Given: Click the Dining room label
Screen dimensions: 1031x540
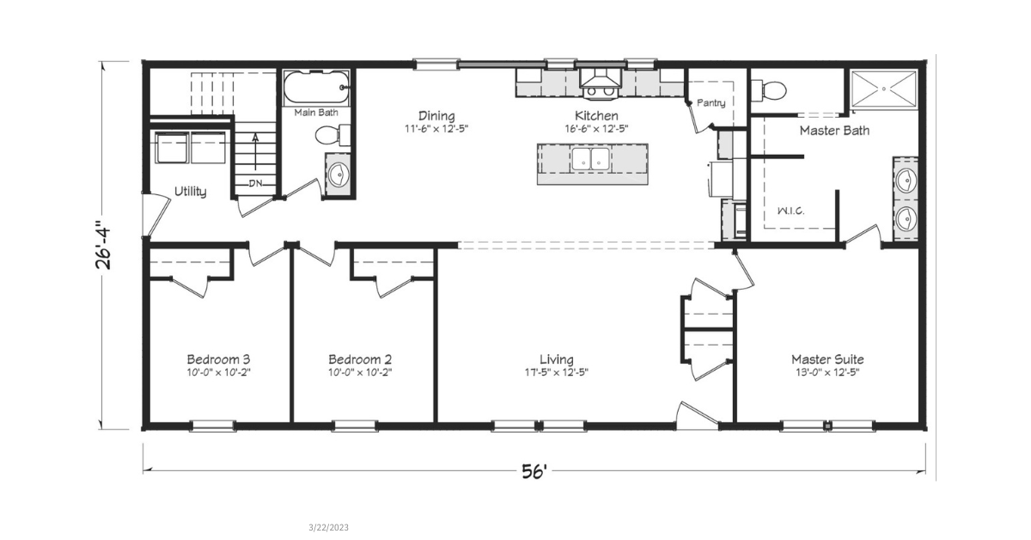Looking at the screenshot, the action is (x=436, y=116).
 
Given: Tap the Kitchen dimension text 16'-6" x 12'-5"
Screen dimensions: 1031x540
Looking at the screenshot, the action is (x=596, y=128).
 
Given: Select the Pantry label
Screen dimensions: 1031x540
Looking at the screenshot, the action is (x=711, y=102).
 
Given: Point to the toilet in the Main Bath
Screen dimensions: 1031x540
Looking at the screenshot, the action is (x=332, y=135).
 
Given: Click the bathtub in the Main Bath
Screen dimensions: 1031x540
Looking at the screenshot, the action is (x=316, y=88).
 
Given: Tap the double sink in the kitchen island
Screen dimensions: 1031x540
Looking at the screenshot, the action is (x=591, y=159).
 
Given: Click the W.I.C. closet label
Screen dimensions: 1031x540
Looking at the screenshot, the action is (x=790, y=211).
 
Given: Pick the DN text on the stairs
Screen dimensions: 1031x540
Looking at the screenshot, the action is (x=255, y=183).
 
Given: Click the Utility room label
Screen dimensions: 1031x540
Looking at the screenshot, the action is (x=190, y=192).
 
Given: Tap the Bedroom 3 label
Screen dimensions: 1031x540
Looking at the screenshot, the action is (x=218, y=359).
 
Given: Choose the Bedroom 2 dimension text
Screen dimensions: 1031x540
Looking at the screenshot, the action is (x=360, y=372).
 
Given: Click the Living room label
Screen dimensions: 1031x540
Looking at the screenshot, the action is (x=557, y=359).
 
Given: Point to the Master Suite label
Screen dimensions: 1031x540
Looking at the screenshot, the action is (x=827, y=359).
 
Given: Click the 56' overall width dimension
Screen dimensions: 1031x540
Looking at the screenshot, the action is (x=534, y=471).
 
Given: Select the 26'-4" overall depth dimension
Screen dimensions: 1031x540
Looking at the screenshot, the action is (x=103, y=248).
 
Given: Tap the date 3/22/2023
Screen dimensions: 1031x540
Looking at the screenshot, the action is (x=328, y=527).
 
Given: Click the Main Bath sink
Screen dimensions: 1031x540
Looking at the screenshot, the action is (x=339, y=175).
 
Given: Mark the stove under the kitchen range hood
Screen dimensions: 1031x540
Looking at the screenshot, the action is (x=601, y=92).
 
